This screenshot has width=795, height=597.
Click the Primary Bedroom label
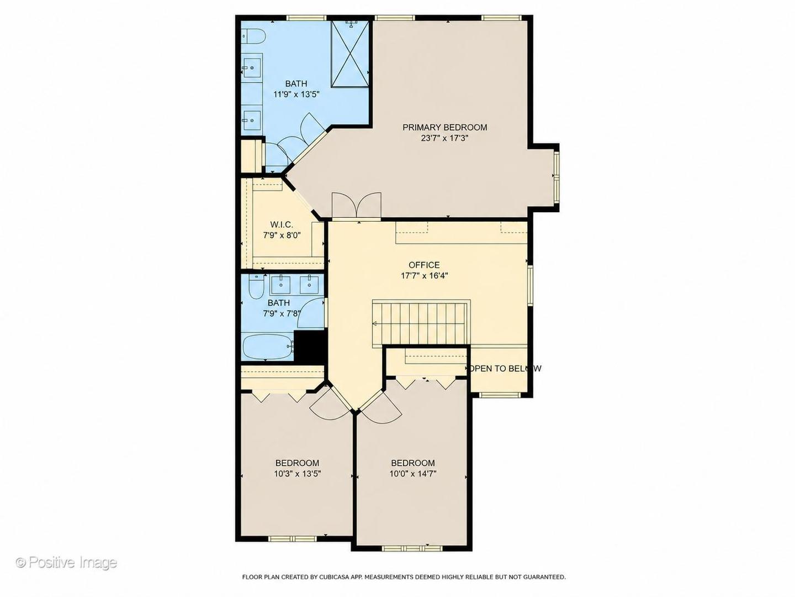point(445,127)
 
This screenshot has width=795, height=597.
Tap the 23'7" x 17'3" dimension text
point(445,138)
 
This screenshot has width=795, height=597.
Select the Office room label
point(424,265)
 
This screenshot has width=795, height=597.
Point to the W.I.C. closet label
point(282,224)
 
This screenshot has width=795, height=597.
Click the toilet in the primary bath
point(254,35)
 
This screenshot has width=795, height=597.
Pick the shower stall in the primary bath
point(350,54)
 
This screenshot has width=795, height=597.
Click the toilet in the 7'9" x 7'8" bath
point(257,287)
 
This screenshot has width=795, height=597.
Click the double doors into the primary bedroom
point(357,206)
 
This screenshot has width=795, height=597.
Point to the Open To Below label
point(505,368)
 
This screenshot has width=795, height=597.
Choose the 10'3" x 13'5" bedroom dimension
point(298,473)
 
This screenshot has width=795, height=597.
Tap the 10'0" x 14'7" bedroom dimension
point(413,473)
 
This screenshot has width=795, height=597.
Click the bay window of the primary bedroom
point(556,176)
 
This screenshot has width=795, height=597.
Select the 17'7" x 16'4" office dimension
point(424,275)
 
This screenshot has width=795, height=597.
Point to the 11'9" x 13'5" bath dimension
point(296,94)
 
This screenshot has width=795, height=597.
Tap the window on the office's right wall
point(530,285)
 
